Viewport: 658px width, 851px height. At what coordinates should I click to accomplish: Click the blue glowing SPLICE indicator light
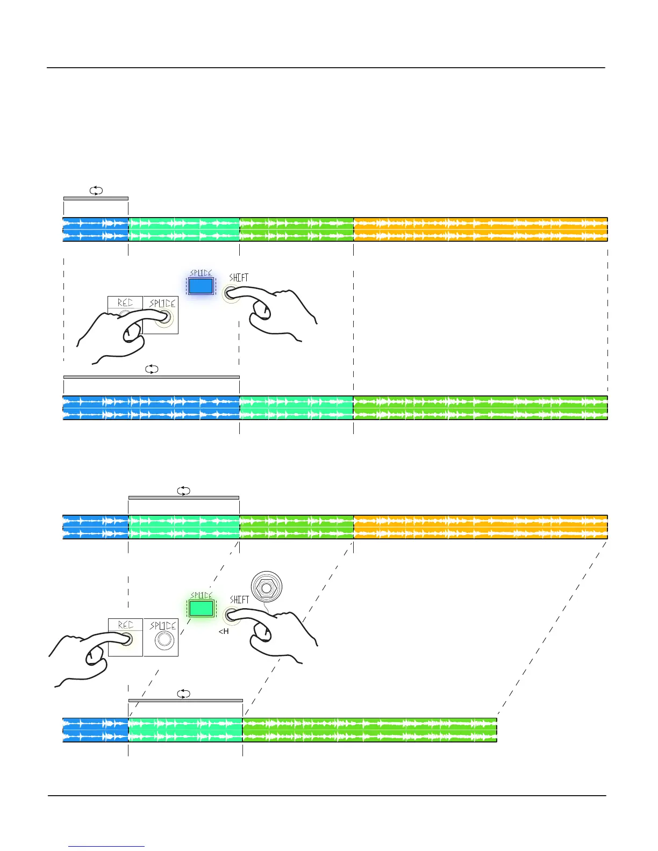pyautogui.click(x=201, y=286)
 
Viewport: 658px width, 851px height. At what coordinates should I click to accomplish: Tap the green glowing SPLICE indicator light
pyautogui.click(x=202, y=608)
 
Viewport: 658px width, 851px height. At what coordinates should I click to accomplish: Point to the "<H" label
pyautogui.click(x=224, y=632)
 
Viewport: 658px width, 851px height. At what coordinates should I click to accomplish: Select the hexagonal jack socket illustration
pyautogui.click(x=266, y=588)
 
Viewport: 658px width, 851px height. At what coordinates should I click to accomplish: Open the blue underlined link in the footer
pyautogui.click(x=106, y=846)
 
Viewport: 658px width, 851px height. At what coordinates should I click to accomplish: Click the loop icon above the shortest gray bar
pyautogui.click(x=96, y=191)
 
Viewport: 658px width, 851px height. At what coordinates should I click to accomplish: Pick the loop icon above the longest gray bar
pyautogui.click(x=152, y=369)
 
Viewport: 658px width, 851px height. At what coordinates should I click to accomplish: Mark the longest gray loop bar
pyautogui.click(x=152, y=377)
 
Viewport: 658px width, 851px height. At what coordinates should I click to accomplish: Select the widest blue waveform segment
pyautogui.click(x=151, y=408)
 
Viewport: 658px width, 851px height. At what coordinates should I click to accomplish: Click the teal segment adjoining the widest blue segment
pyautogui.click(x=296, y=408)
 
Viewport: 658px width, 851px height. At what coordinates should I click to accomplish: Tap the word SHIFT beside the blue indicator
pyautogui.click(x=239, y=278)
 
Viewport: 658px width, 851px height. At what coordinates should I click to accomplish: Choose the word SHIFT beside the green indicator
pyautogui.click(x=239, y=600)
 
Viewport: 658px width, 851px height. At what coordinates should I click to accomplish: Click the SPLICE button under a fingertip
pyautogui.click(x=164, y=319)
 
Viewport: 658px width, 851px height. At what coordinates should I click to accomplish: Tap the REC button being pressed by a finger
pyautogui.click(x=126, y=639)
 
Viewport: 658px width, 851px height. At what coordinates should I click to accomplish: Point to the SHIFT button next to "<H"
pyautogui.click(x=230, y=615)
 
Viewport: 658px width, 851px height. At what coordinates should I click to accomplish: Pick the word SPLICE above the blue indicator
pyautogui.click(x=201, y=273)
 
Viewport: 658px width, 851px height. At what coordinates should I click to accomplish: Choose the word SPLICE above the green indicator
pyautogui.click(x=202, y=595)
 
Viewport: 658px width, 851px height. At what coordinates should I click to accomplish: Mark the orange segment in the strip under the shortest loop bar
pyautogui.click(x=480, y=229)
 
